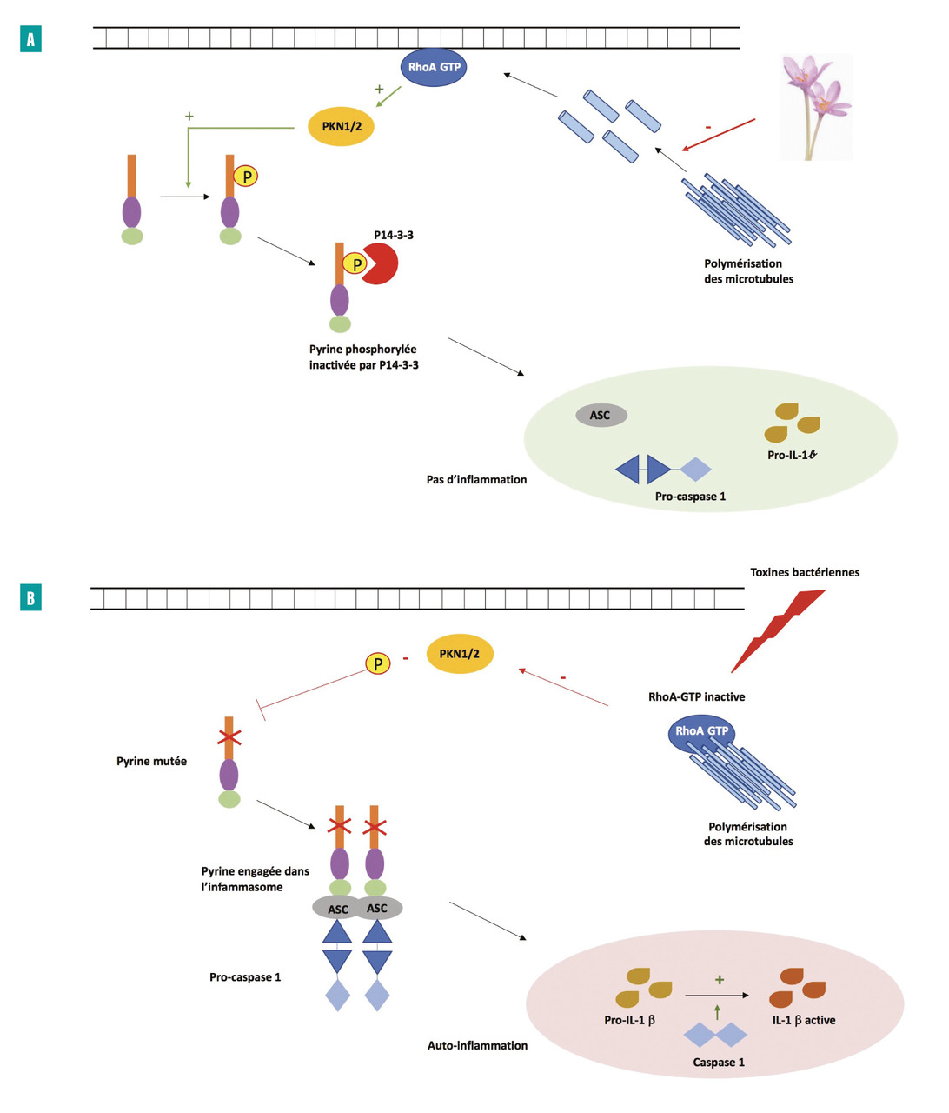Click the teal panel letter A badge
click(30, 39)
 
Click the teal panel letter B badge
click(30, 598)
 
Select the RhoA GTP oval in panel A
click(434, 67)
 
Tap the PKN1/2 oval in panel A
click(342, 127)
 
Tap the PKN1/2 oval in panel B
click(460, 654)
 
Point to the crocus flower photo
click(815, 106)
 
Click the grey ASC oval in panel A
click(601, 416)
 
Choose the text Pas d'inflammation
click(476, 479)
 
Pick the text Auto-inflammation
click(477, 1045)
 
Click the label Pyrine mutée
click(151, 761)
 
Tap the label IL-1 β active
click(804, 1020)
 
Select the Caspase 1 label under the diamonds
click(718, 1062)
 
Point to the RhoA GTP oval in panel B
click(701, 731)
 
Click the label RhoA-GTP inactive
click(696, 696)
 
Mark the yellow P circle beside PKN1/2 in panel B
click(377, 664)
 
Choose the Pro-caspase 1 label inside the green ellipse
click(690, 497)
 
